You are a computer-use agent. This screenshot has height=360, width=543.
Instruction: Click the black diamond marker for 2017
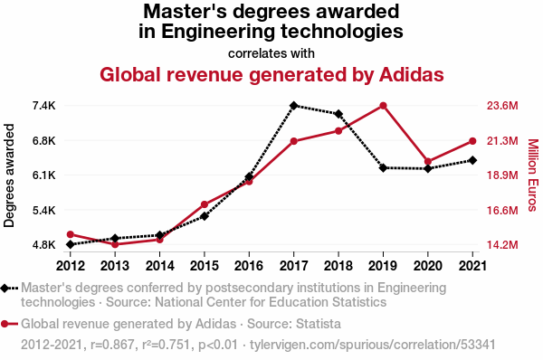(293, 105)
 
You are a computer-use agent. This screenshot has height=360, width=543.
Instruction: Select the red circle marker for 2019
(383, 106)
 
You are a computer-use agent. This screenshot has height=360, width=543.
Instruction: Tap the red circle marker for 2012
(71, 234)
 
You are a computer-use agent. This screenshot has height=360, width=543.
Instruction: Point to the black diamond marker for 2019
(383, 168)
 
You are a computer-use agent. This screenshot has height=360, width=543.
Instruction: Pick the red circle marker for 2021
(472, 141)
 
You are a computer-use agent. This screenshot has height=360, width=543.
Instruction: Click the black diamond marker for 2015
(205, 216)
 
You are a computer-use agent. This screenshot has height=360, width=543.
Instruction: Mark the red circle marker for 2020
(428, 161)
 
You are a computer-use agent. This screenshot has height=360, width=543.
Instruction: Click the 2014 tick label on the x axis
(159, 266)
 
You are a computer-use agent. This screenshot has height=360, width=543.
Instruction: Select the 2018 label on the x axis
(338, 266)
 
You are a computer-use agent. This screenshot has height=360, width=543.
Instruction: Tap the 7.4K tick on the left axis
(44, 106)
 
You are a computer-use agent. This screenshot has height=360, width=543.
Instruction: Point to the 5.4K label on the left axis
(44, 210)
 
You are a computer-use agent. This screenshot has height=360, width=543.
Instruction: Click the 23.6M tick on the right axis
(502, 106)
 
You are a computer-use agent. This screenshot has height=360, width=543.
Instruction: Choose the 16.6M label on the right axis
(502, 210)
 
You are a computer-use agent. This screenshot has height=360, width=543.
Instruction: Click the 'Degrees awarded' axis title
(9, 175)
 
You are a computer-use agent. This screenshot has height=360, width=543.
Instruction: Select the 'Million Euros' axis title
(534, 175)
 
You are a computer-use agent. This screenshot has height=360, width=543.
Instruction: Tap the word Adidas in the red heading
(412, 74)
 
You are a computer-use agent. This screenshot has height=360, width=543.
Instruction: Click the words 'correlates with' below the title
(271, 53)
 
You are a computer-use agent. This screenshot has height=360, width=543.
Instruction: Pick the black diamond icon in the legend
(5, 288)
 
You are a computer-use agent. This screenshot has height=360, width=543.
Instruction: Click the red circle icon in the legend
(5, 324)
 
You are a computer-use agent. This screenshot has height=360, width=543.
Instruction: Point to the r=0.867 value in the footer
(112, 345)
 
